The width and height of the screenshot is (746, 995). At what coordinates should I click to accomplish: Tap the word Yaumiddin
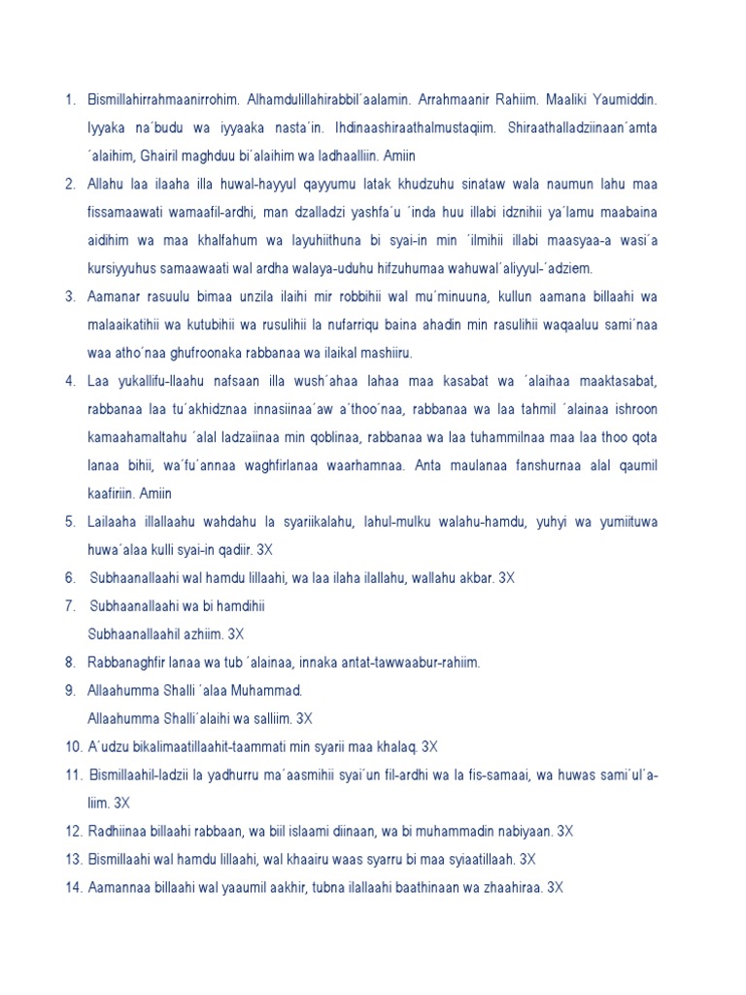point(623,100)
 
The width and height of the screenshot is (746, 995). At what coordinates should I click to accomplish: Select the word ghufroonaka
point(225,351)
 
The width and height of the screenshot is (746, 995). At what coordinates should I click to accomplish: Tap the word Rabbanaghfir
point(131,662)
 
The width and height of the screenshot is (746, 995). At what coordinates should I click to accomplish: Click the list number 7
point(70,605)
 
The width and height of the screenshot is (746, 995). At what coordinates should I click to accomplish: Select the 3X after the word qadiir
point(264,549)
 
